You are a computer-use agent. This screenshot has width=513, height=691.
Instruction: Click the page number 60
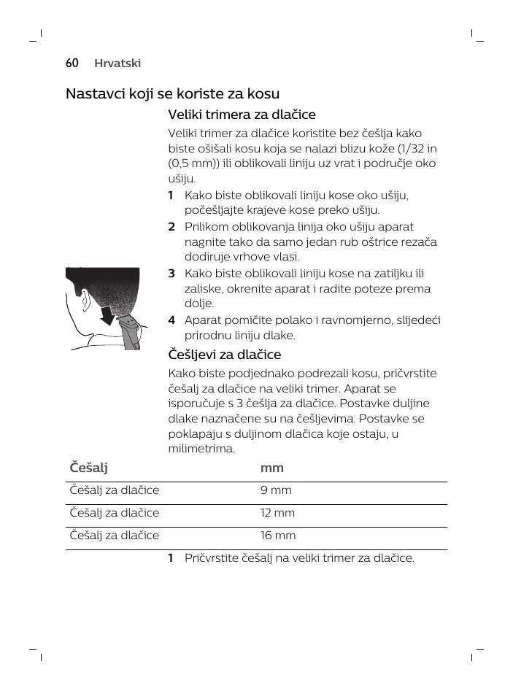pos(72,63)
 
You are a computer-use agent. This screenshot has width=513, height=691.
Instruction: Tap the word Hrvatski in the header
pos(117,63)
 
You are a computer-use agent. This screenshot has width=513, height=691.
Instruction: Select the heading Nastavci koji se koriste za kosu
pos(173,94)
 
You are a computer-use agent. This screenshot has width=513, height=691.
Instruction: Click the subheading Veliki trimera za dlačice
pos(242,115)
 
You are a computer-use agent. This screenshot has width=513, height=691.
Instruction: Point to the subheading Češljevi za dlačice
pos(225,355)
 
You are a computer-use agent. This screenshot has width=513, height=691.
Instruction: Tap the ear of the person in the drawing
pos(85,298)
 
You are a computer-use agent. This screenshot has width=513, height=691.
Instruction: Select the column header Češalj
pos(86,467)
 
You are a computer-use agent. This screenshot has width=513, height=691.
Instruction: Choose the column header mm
pos(271,467)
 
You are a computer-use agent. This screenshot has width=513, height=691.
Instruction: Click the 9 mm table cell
pos(275,490)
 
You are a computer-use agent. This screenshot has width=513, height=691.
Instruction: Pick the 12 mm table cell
pos(277,512)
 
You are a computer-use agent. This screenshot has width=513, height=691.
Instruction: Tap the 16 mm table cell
pos(277,535)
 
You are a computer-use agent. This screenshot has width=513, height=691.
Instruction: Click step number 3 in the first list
pos(171,274)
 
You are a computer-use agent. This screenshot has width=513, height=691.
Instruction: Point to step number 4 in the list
pos(171,320)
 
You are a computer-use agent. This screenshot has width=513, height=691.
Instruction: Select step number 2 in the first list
pos(171,227)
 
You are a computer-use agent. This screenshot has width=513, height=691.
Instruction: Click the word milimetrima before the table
pos(201,449)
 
